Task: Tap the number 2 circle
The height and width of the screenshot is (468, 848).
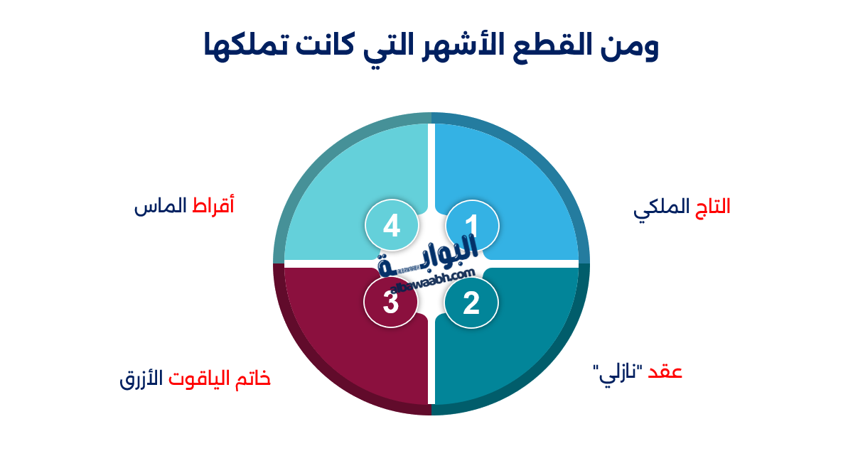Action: [471, 303]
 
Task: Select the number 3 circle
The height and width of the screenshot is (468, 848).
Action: [390, 303]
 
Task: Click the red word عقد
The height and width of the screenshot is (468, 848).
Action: [665, 372]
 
